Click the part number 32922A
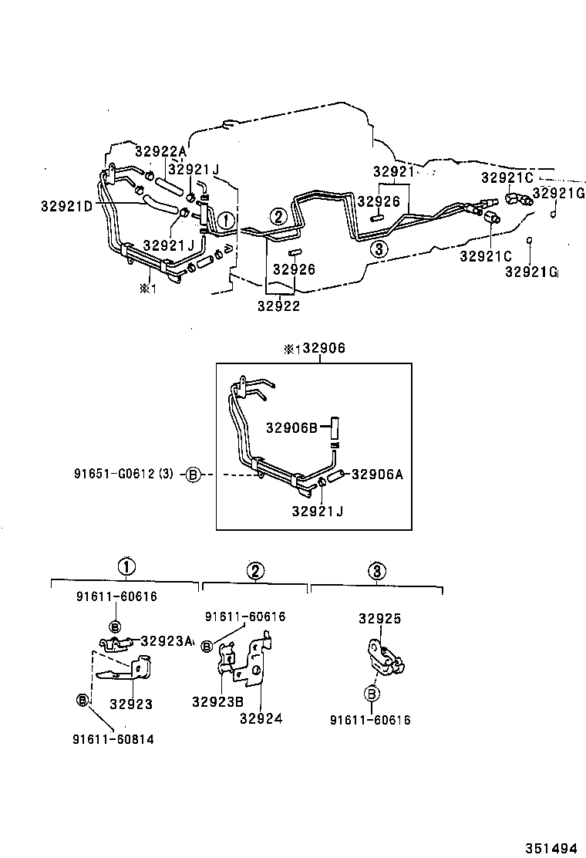pos(160,151)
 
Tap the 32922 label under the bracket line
pos(280,306)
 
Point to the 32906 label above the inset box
pos(324,349)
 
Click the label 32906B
pos(292,427)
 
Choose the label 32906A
pos(377,475)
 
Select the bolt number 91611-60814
pos(113,739)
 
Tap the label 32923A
pos(167,640)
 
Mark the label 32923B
pos(218,701)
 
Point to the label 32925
pos(379,619)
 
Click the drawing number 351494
pos(551,847)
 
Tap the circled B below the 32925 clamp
pos(371,694)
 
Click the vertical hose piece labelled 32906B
pos(336,428)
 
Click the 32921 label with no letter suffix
pos(393,171)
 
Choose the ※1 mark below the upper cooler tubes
pos(147,289)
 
